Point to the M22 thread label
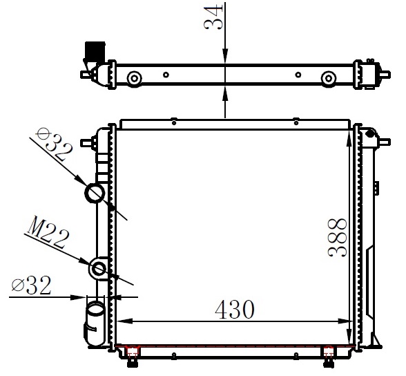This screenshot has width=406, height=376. pyautogui.click(x=47, y=233)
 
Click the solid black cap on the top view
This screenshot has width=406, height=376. pyautogui.click(x=93, y=50)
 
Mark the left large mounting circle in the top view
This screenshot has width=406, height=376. pyautogui.click(x=134, y=77)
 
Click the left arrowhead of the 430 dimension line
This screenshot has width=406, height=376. pyautogui.click(x=121, y=321)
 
